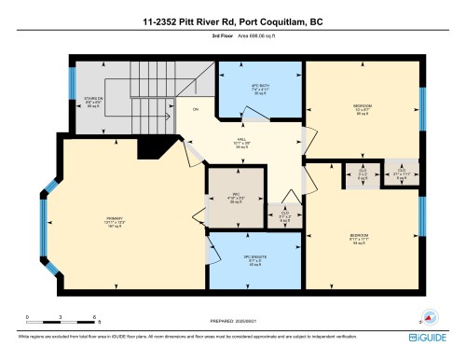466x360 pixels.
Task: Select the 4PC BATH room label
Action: pyautogui.click(x=260, y=90)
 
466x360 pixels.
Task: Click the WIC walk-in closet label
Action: pyautogui.click(x=237, y=197)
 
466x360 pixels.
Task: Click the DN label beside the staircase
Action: pyautogui.click(x=195, y=111)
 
